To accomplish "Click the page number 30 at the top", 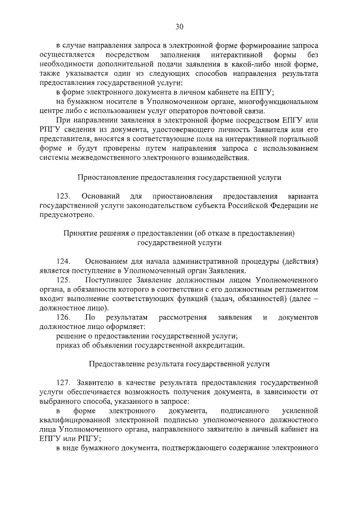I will coord(179,26).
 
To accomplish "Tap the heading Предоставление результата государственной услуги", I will coord(179,364).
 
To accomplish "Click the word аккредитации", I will coord(220,345).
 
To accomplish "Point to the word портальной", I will coord(299,138).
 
